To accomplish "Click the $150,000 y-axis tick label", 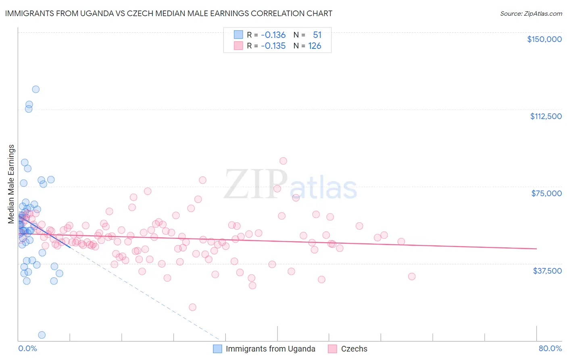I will pyautogui.click(x=544, y=39).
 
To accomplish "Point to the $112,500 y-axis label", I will pyautogui.click(x=546, y=116).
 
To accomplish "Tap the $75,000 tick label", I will pyautogui.click(x=546, y=193).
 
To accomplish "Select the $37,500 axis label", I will pyautogui.click(x=547, y=271).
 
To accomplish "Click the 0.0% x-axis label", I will pyautogui.click(x=27, y=348).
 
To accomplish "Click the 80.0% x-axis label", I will pyautogui.click(x=550, y=348).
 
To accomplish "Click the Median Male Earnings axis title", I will pyautogui.click(x=11, y=184).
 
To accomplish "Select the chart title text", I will pyautogui.click(x=169, y=13).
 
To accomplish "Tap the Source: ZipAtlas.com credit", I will pyautogui.click(x=531, y=14).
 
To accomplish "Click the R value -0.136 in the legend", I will pyautogui.click(x=273, y=35).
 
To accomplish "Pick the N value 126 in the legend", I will pyautogui.click(x=315, y=46).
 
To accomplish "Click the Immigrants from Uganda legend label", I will pyautogui.click(x=270, y=349).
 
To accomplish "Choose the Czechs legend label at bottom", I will pyautogui.click(x=354, y=349).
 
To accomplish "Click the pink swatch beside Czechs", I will pyautogui.click(x=332, y=349).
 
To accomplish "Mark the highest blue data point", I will pyautogui.click(x=36, y=89).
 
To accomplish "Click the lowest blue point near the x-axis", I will pyautogui.click(x=42, y=335).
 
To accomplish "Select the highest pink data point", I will pyautogui.click(x=283, y=161).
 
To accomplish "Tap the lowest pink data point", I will pyautogui.click(x=192, y=307).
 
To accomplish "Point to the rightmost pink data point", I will pyautogui.click(x=412, y=276).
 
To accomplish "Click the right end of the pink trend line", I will pyautogui.click(x=536, y=249).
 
